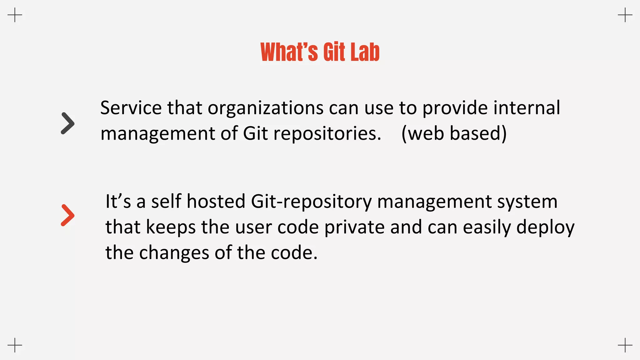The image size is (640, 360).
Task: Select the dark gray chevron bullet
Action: pyautogui.click(x=68, y=123)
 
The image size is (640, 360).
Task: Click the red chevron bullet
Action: pyautogui.click(x=68, y=215)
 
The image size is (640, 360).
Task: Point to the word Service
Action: pyautogui.click(x=131, y=108)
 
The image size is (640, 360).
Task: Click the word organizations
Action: pyautogui.click(x=266, y=108)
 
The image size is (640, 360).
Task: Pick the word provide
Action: pyautogui.click(x=455, y=108)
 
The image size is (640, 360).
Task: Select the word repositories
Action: pyautogui.click(x=327, y=134)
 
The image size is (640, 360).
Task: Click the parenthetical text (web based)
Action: pyautogui.click(x=454, y=133)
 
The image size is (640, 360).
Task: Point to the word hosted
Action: pyautogui.click(x=216, y=201)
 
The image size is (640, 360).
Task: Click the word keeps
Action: pyautogui.click(x=171, y=227)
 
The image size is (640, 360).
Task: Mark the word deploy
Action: pyautogui.click(x=545, y=227)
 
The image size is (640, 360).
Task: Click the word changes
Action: pyautogui.click(x=174, y=253)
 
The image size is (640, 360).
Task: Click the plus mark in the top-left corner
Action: pyautogui.click(x=15, y=15)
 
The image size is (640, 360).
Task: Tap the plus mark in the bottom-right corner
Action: pyautogui.click(x=625, y=345)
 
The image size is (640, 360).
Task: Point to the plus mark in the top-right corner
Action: pyautogui.click(x=625, y=15)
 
